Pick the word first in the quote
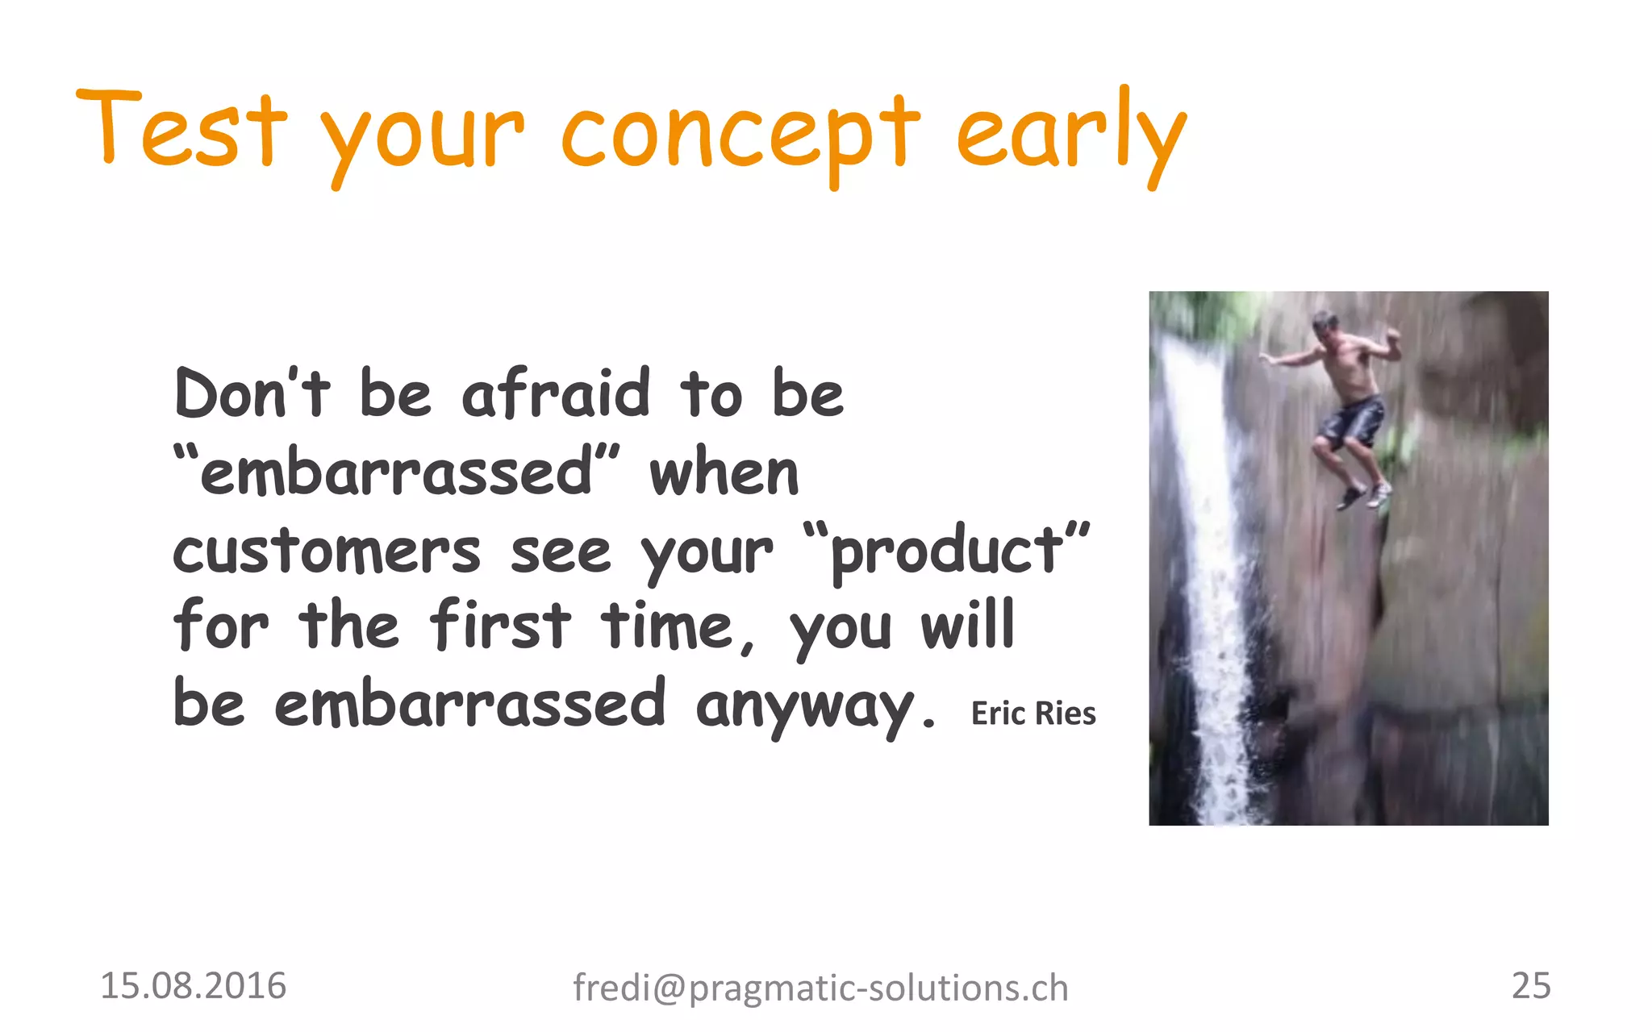(500, 626)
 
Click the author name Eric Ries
(1033, 714)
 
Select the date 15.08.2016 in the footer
(193, 986)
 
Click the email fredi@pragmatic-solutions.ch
(820, 988)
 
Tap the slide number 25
(1530, 985)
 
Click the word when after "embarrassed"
(724, 474)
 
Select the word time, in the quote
(678, 627)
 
